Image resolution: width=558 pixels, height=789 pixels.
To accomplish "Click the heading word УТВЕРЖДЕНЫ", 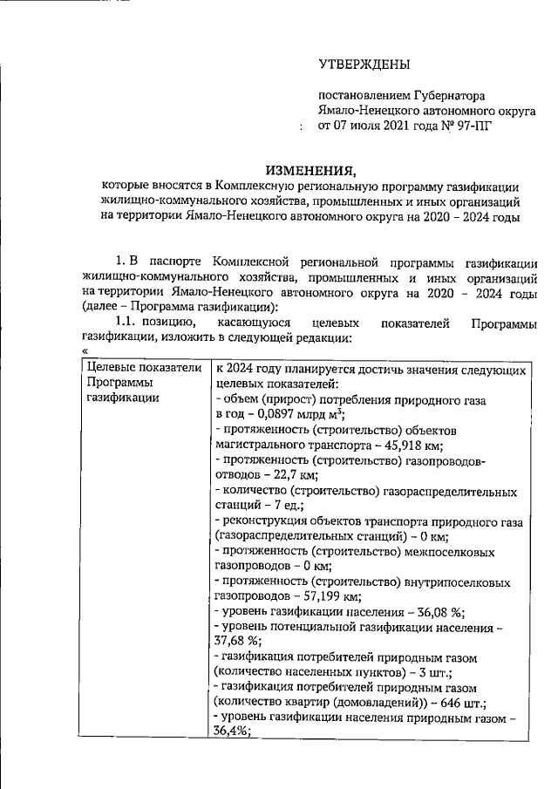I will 364,65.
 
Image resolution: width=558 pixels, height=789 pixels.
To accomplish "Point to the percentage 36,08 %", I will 448,614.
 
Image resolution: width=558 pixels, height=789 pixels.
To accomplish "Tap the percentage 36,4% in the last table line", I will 231,735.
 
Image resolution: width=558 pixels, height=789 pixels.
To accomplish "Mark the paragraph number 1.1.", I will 117,323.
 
